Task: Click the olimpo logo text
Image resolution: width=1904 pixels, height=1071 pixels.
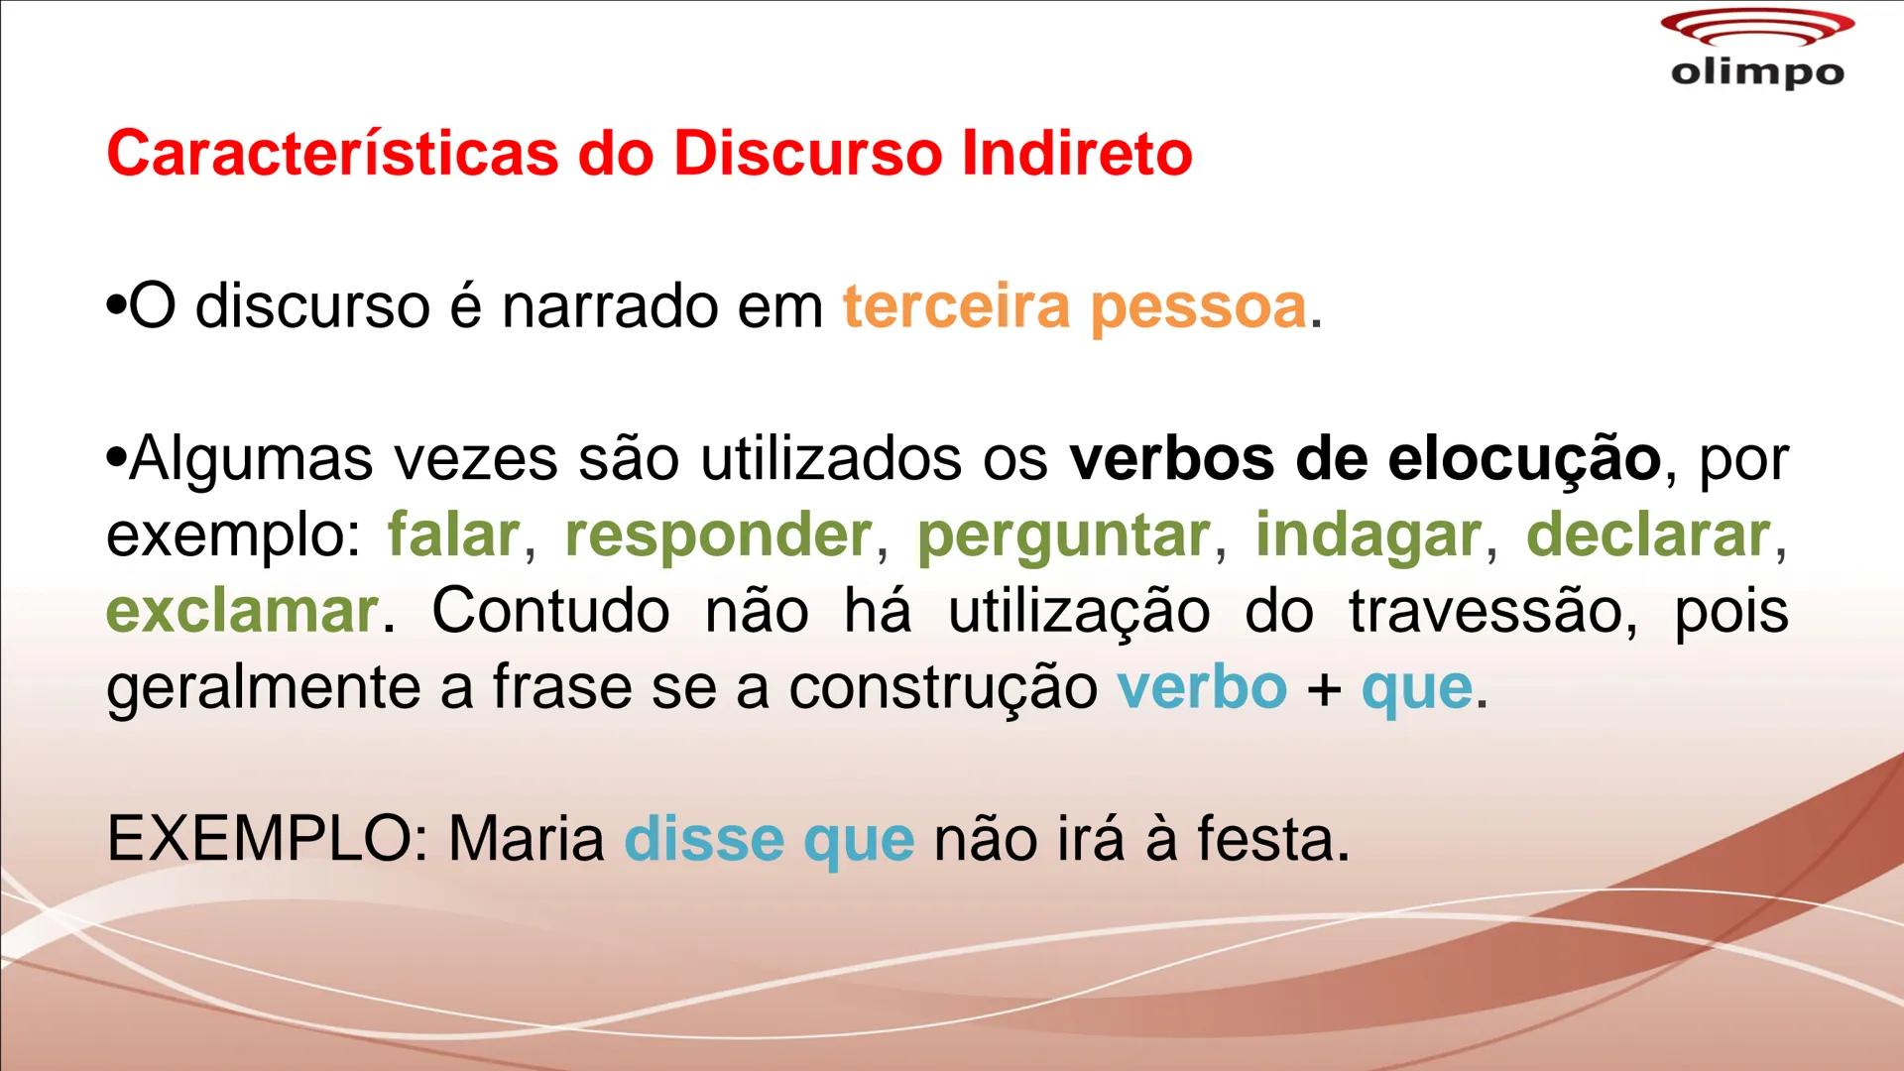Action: pos(1757,72)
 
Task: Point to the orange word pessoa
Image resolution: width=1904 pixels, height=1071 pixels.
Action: pos(1198,308)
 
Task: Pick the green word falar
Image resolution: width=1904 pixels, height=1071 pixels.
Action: pos(453,535)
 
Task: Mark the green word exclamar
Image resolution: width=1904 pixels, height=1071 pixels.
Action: pos(241,612)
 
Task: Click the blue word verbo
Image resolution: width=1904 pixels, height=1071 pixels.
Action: pos(1202,687)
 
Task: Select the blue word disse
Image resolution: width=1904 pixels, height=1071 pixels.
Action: pos(703,840)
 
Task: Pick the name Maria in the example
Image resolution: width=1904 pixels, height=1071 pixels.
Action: pos(527,840)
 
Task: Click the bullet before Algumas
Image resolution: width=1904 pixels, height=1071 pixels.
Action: pos(117,460)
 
